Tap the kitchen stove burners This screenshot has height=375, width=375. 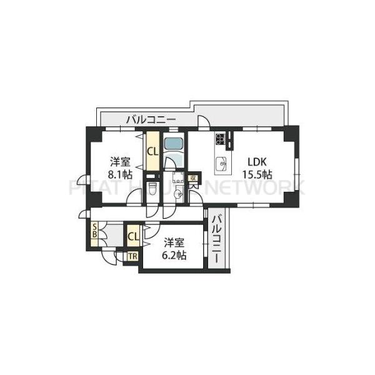pyautogui.click(x=221, y=139)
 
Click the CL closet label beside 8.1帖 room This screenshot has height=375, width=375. pyautogui.click(x=152, y=151)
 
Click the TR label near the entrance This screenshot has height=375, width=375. pyautogui.click(x=132, y=256)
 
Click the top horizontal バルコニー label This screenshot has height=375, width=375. pyautogui.click(x=151, y=119)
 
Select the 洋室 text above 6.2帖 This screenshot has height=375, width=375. pyautogui.click(x=174, y=242)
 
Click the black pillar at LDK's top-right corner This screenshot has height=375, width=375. pyautogui.click(x=291, y=133)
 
